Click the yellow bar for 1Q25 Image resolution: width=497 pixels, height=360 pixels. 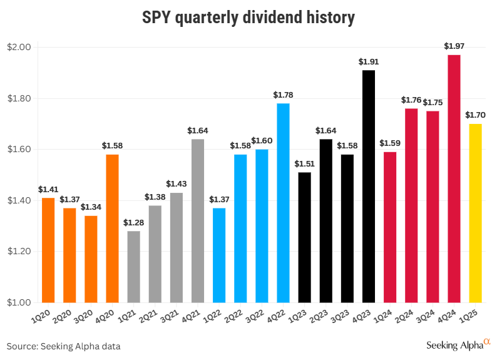click(475, 213)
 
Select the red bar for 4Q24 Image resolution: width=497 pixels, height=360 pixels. click(454, 178)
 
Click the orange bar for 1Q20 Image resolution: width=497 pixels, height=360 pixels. click(48, 250)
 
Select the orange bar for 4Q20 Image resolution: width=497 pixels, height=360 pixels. click(112, 229)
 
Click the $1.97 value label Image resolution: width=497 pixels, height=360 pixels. click(454, 46)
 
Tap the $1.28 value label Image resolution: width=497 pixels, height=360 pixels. click(133, 222)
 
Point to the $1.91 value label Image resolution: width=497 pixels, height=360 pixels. click(369, 61)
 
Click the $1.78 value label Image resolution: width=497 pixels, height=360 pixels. click(283, 95)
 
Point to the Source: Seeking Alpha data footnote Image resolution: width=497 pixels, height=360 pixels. click(63, 346)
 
